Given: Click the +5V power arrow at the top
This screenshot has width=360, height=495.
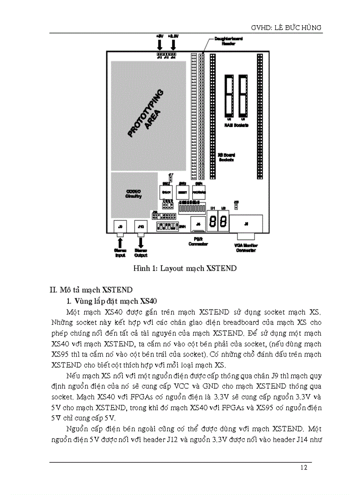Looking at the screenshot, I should point(160,45).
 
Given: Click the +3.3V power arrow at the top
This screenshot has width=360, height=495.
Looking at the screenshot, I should point(173,45).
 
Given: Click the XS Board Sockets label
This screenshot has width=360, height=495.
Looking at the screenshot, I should point(226,157).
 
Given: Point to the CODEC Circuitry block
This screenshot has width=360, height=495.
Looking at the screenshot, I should point(133,194).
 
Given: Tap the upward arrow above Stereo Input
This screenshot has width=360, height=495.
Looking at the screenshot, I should point(119,241).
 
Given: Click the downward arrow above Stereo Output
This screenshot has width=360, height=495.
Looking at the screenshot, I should point(141,241).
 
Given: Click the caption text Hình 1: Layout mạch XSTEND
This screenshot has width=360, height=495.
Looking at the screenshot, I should point(185,268).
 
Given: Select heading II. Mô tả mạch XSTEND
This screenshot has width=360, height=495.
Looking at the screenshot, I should point(90,290).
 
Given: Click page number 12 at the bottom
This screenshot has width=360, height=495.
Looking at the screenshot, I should point(304,468).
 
